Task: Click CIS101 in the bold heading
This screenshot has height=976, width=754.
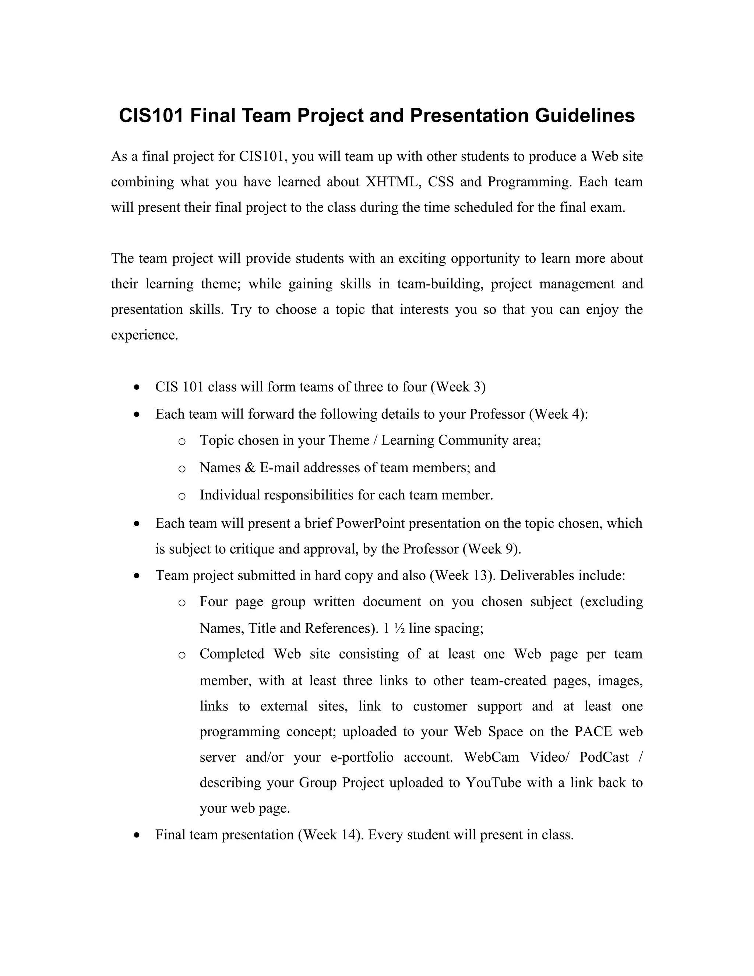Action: tap(151, 116)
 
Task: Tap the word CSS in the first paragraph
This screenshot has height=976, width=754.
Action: tap(440, 182)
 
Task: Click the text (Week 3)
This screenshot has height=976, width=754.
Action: tap(458, 387)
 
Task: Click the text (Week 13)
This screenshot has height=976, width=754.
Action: tap(462, 575)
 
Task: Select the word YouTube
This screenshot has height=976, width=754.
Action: tap(493, 783)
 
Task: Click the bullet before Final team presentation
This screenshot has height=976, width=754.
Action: tap(137, 835)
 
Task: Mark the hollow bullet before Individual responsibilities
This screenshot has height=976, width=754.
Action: tap(182, 496)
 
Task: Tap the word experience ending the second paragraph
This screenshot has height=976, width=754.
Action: tap(144, 335)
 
